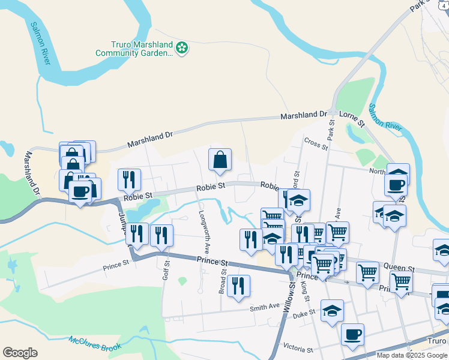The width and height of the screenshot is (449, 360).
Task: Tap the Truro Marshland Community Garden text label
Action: point(134,49)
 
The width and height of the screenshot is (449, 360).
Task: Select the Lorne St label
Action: point(352,118)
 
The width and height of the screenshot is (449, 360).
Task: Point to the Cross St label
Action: point(316,143)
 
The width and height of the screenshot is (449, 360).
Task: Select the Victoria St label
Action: point(298,349)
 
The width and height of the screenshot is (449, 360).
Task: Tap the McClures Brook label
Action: point(95,343)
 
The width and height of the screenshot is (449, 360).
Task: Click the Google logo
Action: point(20,353)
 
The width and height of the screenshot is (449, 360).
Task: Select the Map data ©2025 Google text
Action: point(412,355)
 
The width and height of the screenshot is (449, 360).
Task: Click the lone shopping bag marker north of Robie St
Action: point(220,160)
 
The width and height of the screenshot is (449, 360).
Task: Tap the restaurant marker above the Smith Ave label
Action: point(239,286)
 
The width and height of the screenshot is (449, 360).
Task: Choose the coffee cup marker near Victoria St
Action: point(352,334)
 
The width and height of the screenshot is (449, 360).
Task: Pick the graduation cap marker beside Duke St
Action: point(332,310)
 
